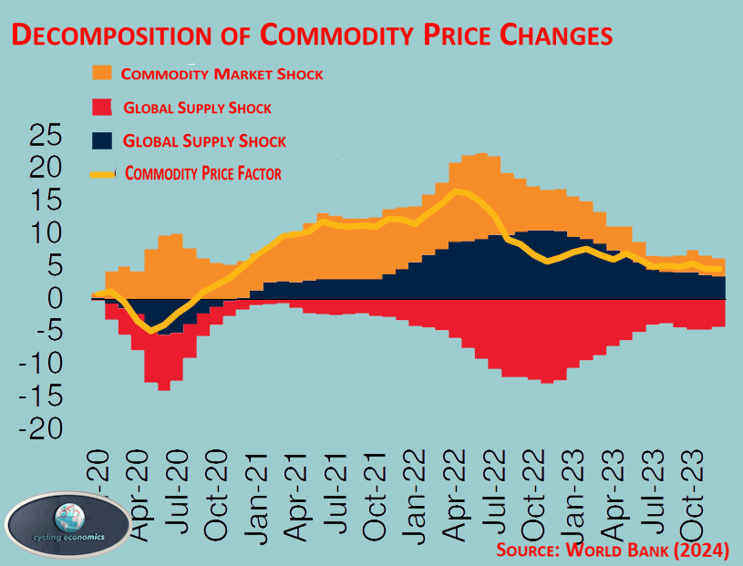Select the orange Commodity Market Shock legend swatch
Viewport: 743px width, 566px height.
(x=101, y=74)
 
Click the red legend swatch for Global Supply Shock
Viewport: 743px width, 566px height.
(x=101, y=108)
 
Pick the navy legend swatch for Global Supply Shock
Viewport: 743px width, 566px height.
(x=101, y=140)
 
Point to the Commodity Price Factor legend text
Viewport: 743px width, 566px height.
(x=202, y=173)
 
